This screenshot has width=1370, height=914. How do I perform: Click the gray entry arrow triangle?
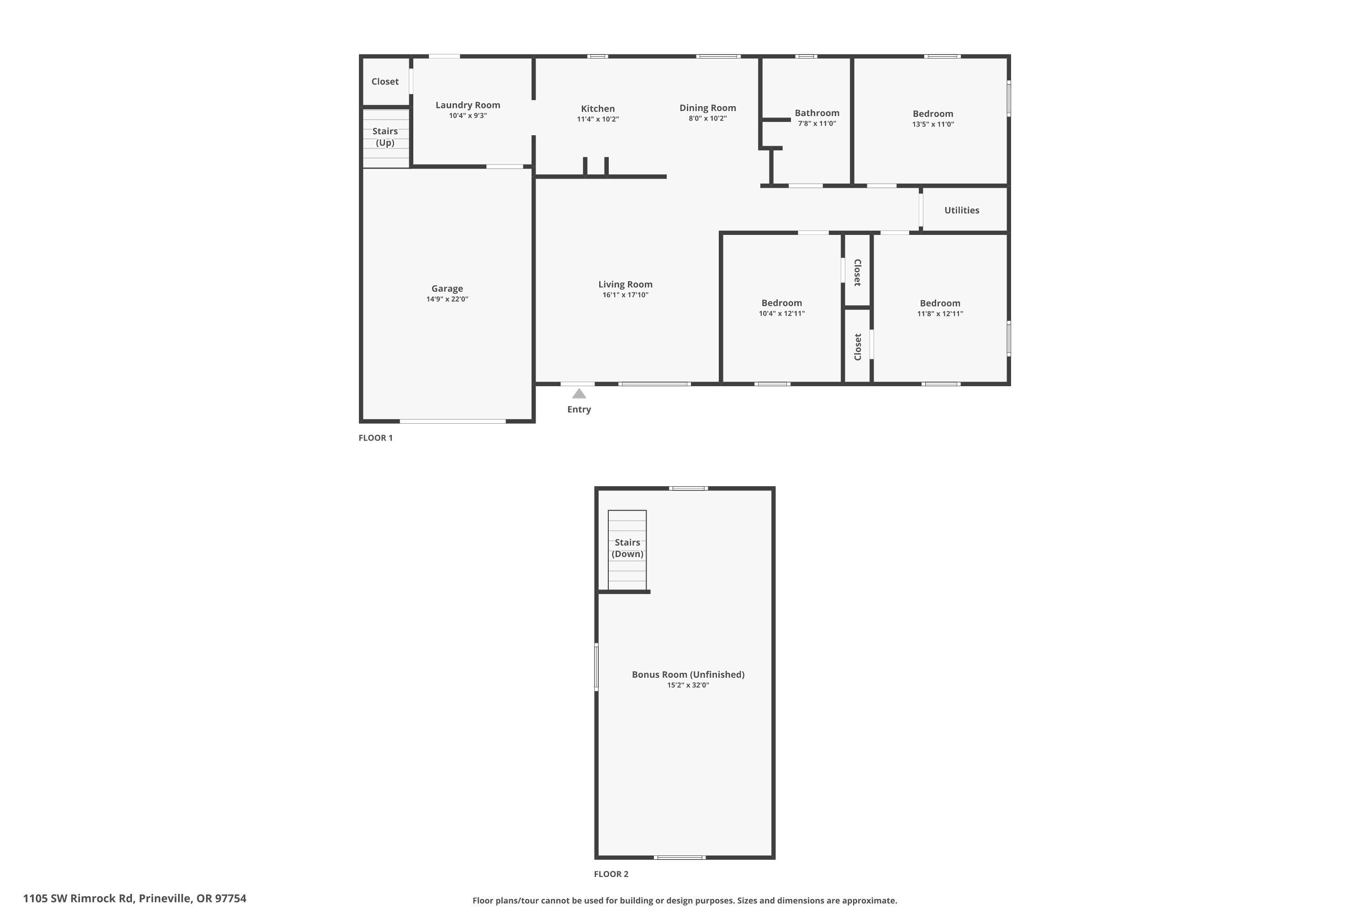click(x=579, y=394)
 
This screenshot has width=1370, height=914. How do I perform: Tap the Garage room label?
click(x=447, y=288)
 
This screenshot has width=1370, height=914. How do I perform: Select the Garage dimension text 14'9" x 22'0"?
click(x=447, y=299)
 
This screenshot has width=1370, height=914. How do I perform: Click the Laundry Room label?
click(x=468, y=105)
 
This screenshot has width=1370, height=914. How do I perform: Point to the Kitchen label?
click(x=598, y=108)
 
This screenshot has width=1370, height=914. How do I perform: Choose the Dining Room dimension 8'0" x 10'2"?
click(x=707, y=118)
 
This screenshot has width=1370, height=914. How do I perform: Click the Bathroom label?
click(x=817, y=113)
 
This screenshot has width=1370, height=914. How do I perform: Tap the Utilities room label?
click(x=961, y=210)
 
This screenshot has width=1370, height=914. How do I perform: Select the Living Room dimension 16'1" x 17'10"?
click(x=625, y=295)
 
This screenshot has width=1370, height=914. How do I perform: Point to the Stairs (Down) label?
click(x=627, y=548)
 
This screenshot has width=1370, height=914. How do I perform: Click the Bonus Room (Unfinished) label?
click(x=688, y=675)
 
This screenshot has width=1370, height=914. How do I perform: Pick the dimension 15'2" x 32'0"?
click(x=688, y=685)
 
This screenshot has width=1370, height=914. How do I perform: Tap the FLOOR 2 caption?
click(x=611, y=874)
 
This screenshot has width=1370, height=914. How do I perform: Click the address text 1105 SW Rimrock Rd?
click(x=79, y=898)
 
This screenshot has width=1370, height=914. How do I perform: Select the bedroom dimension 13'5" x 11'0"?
click(x=933, y=124)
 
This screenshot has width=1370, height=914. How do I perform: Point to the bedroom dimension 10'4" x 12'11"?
click(x=781, y=314)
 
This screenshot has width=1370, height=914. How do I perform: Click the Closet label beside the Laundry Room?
click(x=385, y=82)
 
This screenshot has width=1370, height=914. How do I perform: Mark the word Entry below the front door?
click(x=579, y=409)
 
